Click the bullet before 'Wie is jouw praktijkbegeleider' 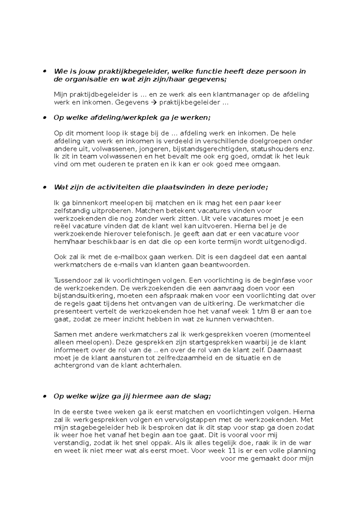click(45, 71)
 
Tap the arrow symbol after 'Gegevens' click(154, 103)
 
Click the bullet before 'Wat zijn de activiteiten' click(45, 187)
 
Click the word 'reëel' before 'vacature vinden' click(61, 226)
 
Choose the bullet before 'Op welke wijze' click(45, 396)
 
